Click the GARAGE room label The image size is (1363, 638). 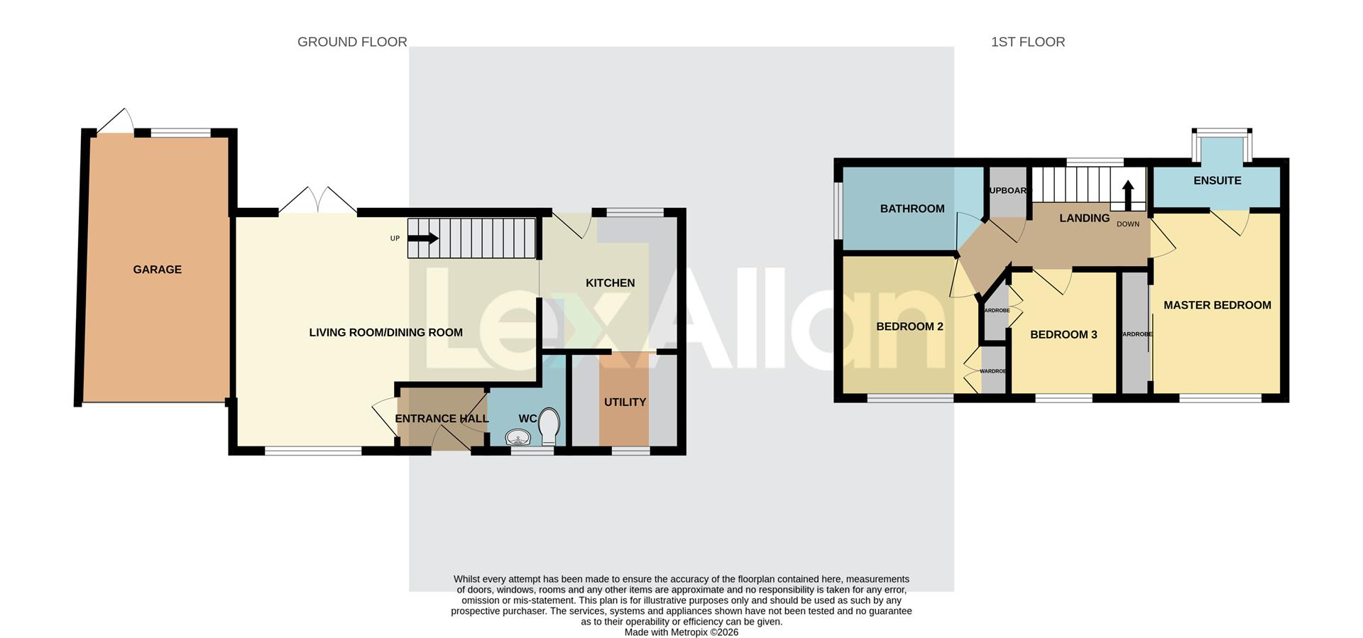[x=157, y=270]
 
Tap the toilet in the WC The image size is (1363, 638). [x=549, y=425]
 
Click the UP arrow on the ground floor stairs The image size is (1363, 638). [x=423, y=238]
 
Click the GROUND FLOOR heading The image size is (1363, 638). [x=352, y=42]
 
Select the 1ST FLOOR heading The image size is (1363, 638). [x=1027, y=42]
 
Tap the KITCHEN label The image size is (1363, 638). [x=610, y=283]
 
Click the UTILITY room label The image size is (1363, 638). [x=625, y=402]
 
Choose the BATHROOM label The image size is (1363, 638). [x=912, y=209]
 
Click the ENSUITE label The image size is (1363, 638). [x=1217, y=181]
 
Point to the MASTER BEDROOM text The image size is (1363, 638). [x=1217, y=305]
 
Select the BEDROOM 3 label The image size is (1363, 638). [x=1063, y=335]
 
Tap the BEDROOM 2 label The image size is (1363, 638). [x=909, y=327]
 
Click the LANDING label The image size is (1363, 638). [x=1084, y=219]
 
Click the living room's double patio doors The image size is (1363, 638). [x=317, y=201]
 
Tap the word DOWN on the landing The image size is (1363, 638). [x=1127, y=224]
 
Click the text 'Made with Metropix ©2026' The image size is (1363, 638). [x=681, y=632]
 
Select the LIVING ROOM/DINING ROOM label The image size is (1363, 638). [x=385, y=333]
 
